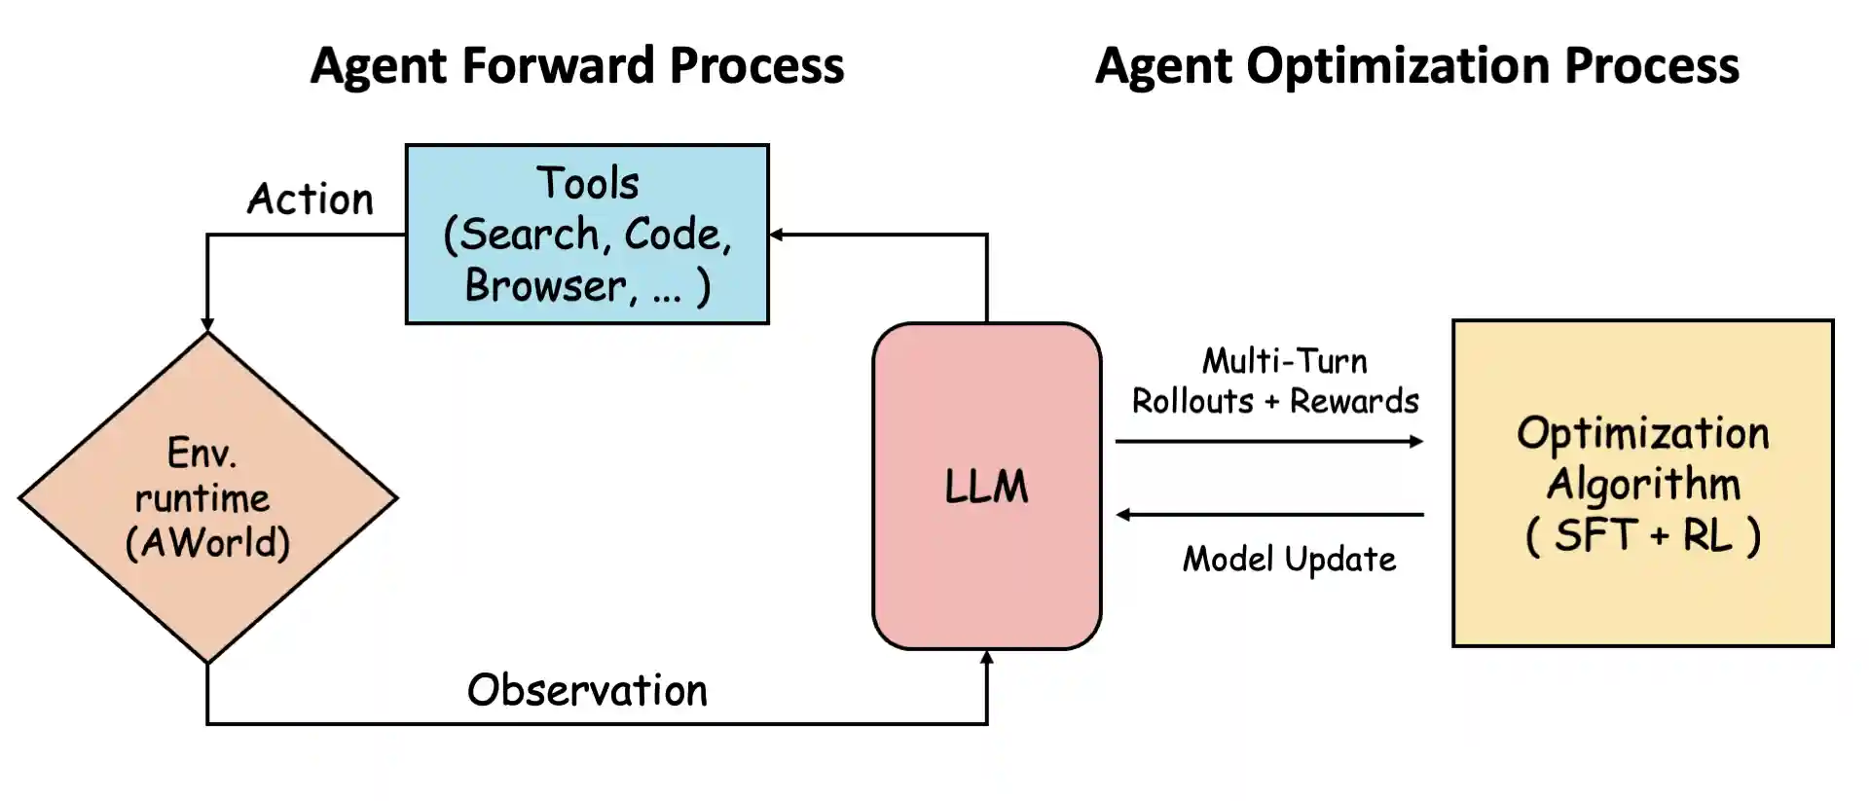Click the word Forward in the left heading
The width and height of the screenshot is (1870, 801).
(x=558, y=66)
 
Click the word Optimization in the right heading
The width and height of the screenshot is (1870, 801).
(x=1398, y=66)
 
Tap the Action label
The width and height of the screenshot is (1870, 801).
(x=310, y=200)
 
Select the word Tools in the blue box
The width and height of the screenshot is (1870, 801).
(x=587, y=183)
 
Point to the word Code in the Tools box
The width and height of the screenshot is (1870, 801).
(x=673, y=235)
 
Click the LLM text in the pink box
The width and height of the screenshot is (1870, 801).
(x=985, y=486)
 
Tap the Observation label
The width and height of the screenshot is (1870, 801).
(x=587, y=690)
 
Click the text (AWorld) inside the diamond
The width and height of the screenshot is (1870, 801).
(x=207, y=543)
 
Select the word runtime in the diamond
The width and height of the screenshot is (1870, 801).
(x=202, y=498)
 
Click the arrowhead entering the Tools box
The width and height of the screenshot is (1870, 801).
(x=777, y=235)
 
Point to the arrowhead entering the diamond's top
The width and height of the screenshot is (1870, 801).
(x=207, y=325)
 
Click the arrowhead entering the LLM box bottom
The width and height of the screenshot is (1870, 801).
(x=986, y=658)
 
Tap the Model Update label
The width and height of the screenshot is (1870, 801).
(x=1288, y=560)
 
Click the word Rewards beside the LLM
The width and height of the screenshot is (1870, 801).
(x=1353, y=401)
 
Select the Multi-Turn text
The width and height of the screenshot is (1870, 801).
(x=1284, y=361)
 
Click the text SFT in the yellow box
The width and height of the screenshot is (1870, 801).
(x=1596, y=535)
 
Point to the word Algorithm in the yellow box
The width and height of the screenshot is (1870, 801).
(x=1642, y=484)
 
